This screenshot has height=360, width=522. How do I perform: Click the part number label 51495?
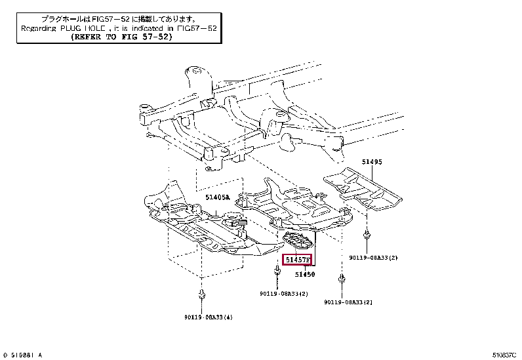(x=371, y=161)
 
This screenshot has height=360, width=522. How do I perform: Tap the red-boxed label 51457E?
(x=297, y=260)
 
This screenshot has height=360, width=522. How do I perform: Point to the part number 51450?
(x=304, y=274)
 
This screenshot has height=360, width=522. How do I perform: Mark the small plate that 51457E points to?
(x=297, y=241)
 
